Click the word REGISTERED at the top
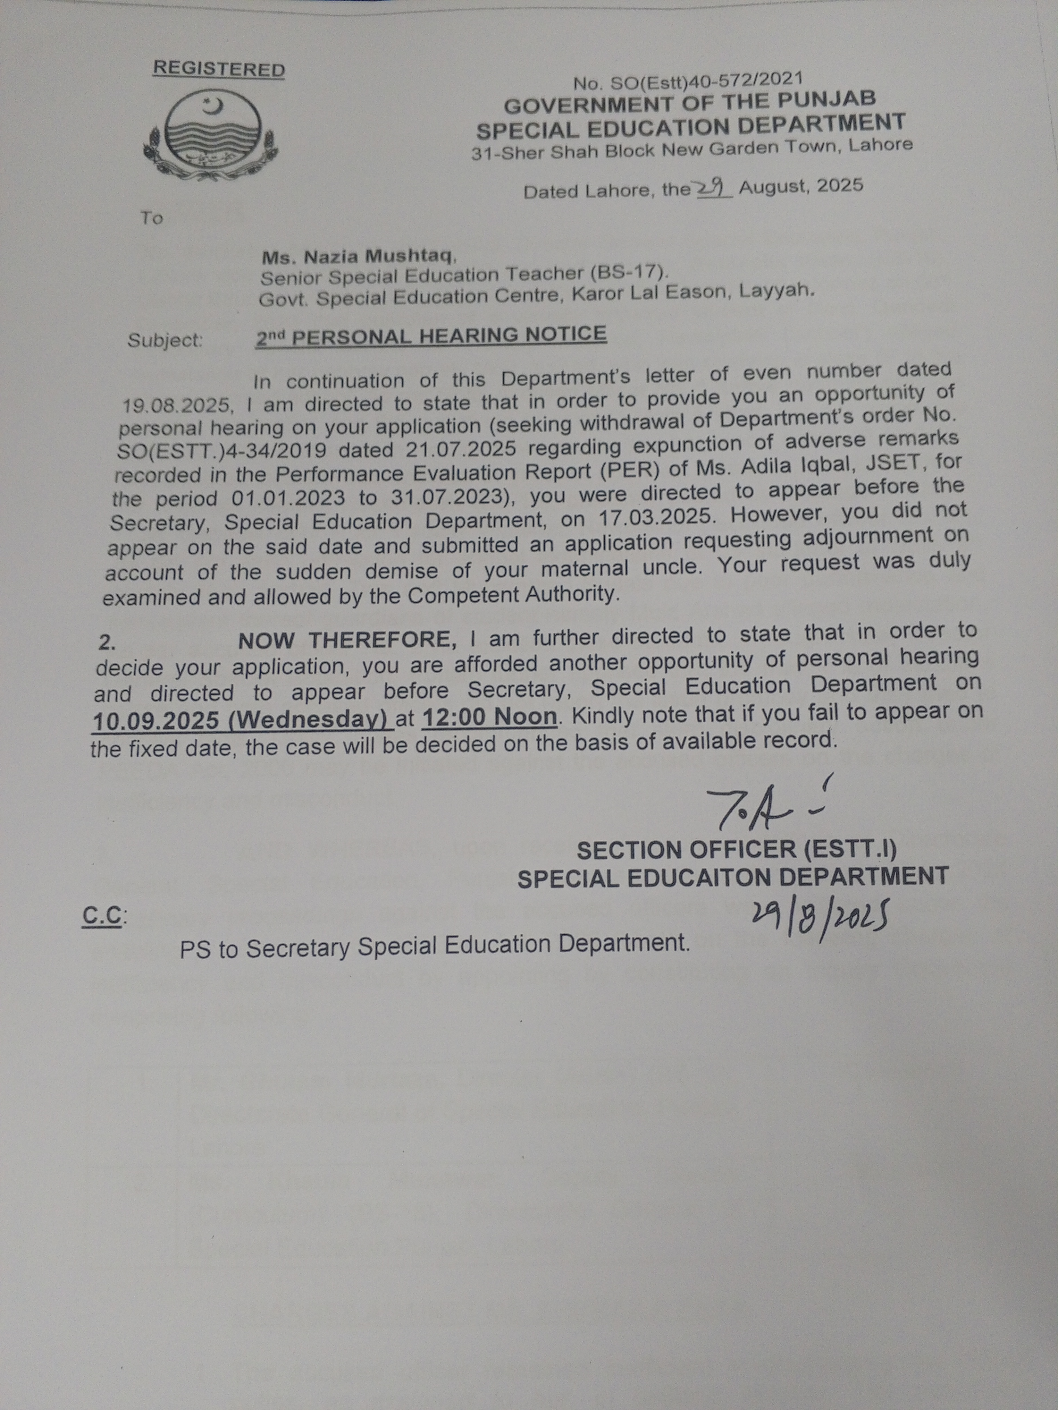[219, 69]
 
